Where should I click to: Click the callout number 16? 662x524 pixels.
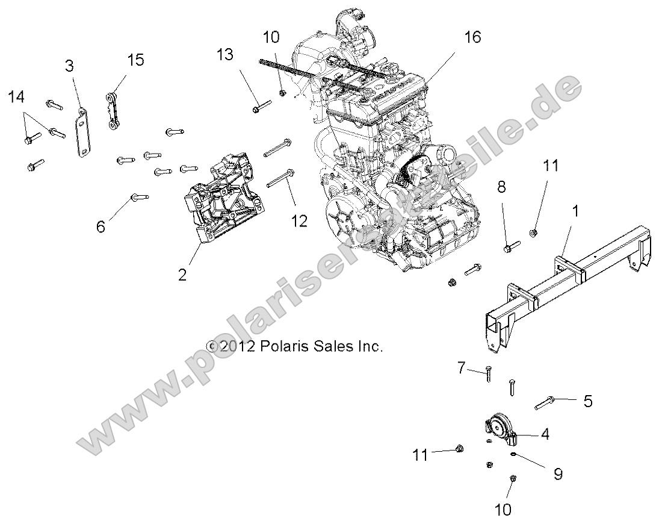(x=472, y=37)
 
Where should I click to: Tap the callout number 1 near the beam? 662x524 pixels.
(x=575, y=211)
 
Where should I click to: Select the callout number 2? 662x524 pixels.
(x=182, y=275)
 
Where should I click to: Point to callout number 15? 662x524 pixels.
(x=135, y=60)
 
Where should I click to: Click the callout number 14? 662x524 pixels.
(x=17, y=96)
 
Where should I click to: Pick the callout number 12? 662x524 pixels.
(x=299, y=221)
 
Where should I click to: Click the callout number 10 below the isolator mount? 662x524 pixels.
(x=504, y=510)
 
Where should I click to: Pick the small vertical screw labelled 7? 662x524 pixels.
(x=488, y=375)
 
